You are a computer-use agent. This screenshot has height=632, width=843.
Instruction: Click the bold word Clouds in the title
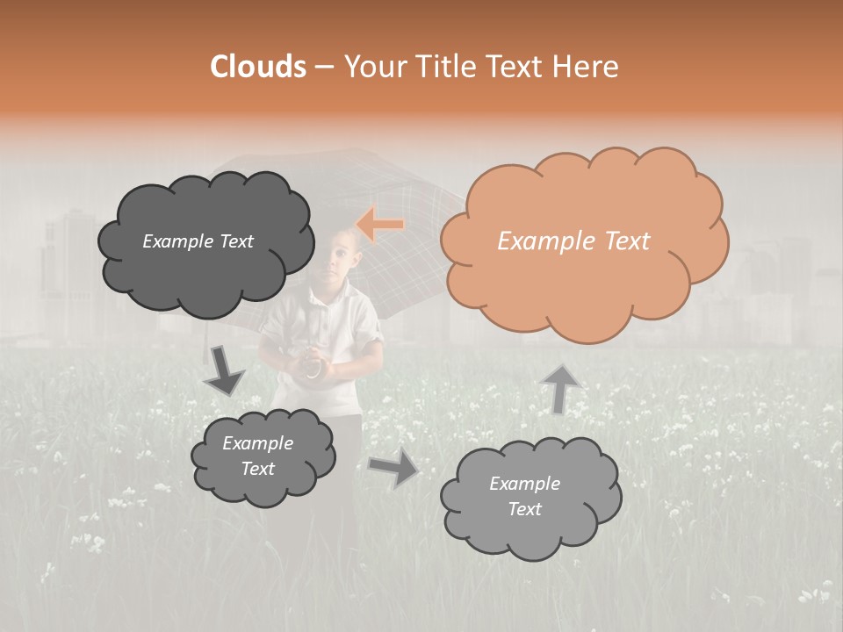pyautogui.click(x=258, y=66)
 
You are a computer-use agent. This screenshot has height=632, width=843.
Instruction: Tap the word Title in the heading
pyautogui.click(x=443, y=66)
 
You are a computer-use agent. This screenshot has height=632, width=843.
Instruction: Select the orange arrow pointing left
pyautogui.click(x=380, y=225)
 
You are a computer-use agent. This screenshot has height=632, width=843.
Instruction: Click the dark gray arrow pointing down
pyautogui.click(x=223, y=370)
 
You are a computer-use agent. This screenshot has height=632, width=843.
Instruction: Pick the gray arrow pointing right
pyautogui.click(x=394, y=468)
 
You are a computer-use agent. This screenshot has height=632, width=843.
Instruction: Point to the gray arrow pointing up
pyautogui.click(x=561, y=388)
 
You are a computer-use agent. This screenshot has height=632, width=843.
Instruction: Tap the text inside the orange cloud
pyautogui.click(x=573, y=241)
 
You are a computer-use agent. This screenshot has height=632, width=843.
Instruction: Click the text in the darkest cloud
pyautogui.click(x=198, y=241)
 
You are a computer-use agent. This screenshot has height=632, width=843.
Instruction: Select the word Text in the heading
pyautogui.click(x=515, y=66)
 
